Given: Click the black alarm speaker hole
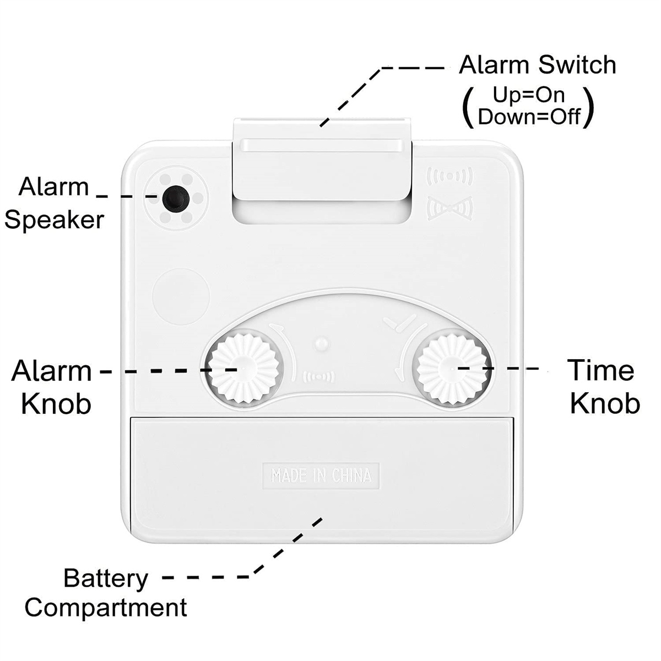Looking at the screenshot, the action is pyautogui.click(x=176, y=199).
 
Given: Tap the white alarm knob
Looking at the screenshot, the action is pyautogui.click(x=244, y=369).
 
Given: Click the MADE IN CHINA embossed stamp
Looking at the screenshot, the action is pyautogui.click(x=321, y=475).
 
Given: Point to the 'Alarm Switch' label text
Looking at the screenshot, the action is pyautogui.click(x=538, y=64).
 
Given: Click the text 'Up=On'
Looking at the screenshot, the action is pyautogui.click(x=529, y=95).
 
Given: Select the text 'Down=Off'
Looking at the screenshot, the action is pyautogui.click(x=529, y=117).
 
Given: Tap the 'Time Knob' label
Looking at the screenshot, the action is pyautogui.click(x=604, y=387).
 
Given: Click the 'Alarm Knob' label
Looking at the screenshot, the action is pyautogui.click(x=51, y=387).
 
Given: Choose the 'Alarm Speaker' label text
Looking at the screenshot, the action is pyautogui.click(x=54, y=204).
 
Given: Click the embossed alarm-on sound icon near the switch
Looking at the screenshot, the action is pyautogui.click(x=449, y=176).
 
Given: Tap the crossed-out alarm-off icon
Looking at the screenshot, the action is pyautogui.click(x=449, y=208).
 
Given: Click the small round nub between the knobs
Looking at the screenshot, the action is pyautogui.click(x=321, y=343).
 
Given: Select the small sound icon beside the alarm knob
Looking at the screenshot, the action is pyautogui.click(x=319, y=377).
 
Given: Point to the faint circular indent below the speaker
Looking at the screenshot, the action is pyautogui.click(x=181, y=296).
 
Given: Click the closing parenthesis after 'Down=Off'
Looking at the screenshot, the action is pyautogui.click(x=588, y=107).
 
